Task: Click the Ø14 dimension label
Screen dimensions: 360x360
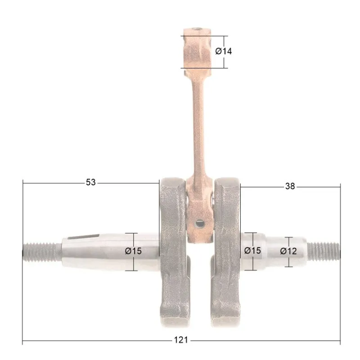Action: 223,51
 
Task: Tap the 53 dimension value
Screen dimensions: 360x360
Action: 91,182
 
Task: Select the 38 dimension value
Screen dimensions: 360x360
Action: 290,186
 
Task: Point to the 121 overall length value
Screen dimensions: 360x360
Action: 181,340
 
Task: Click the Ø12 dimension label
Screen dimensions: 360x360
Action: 288,251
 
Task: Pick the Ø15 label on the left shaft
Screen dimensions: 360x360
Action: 133,251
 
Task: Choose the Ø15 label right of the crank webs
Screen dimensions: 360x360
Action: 252,251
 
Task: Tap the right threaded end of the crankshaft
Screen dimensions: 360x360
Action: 323,251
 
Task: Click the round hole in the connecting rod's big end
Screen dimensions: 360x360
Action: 199,223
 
